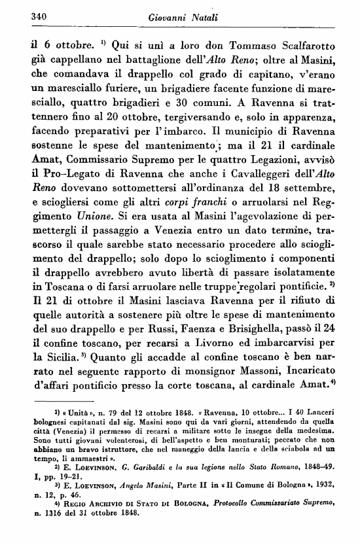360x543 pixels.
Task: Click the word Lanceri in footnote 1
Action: click(x=332, y=432)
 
